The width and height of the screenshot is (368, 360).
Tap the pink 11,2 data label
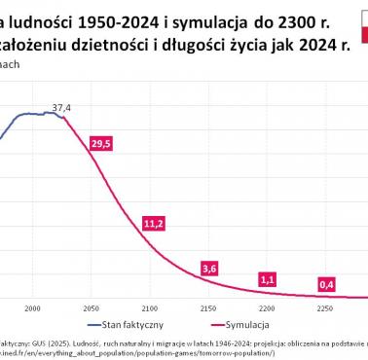click(153, 224)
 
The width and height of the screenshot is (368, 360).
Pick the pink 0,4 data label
click(327, 284)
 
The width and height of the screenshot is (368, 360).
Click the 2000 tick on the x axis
click(32, 307)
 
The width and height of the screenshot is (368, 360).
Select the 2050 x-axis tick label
click(91, 307)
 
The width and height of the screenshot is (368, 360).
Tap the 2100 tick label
click(149, 307)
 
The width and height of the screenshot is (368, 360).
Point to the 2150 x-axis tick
click(208, 307)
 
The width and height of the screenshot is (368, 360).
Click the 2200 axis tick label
click(267, 307)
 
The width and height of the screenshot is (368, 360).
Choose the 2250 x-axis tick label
click(325, 307)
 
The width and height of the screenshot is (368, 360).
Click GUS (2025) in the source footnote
click(38, 343)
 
